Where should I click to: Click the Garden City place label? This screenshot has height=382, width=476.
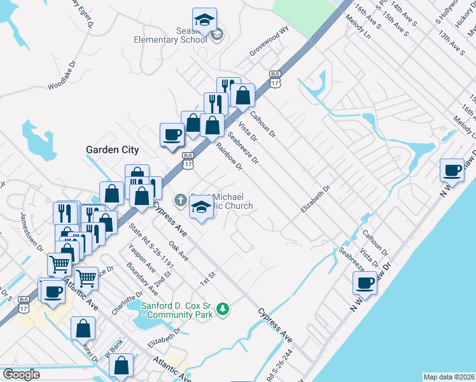(x=112, y=150)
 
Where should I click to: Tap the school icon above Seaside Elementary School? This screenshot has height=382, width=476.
(x=204, y=20)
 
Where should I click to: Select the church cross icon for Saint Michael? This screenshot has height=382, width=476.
(x=180, y=201)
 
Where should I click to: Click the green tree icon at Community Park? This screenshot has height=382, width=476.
(x=222, y=309)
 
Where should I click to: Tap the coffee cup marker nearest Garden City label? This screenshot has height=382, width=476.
(x=172, y=135)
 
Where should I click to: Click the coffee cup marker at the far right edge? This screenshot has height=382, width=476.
(x=452, y=171)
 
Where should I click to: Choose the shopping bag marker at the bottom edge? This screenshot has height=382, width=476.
(x=121, y=367)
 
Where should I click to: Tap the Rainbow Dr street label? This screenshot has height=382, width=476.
(x=229, y=156)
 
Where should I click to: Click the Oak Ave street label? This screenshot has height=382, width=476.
(x=178, y=250)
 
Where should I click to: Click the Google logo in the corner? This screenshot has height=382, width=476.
(x=21, y=374)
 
